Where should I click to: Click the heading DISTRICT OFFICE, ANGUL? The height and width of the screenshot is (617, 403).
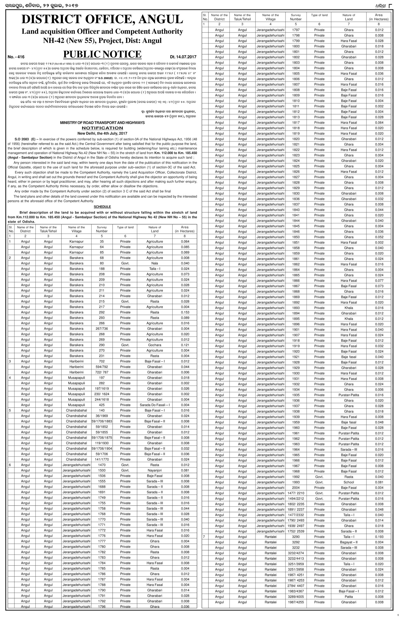(102, 19)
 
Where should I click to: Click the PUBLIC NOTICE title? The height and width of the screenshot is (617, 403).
(102, 54)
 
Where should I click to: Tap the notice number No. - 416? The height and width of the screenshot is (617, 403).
(16, 57)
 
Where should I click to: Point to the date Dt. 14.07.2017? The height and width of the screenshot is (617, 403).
(183, 57)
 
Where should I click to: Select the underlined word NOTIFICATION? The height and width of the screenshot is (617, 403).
(102, 128)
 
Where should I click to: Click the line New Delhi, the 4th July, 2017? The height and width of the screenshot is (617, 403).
(102, 133)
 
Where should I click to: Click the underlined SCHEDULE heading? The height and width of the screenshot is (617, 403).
(102, 207)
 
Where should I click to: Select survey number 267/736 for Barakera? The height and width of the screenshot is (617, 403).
(102, 329)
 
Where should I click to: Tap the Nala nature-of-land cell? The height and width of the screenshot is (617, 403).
(155, 263)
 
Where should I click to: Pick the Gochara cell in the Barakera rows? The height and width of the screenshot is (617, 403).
(155, 345)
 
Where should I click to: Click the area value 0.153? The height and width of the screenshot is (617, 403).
(185, 312)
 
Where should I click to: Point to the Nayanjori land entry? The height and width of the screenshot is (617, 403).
(155, 470)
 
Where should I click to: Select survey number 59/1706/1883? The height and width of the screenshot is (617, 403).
(102, 421)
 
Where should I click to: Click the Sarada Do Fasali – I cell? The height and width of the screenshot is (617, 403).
(155, 405)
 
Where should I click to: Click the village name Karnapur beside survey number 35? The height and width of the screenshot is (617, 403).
(77, 241)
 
